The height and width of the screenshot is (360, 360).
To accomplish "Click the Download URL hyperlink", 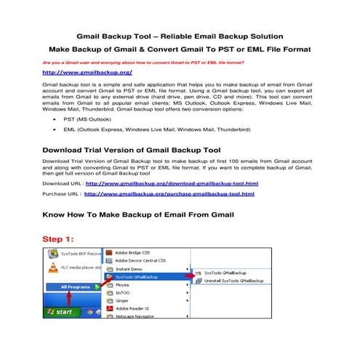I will tap(171, 183).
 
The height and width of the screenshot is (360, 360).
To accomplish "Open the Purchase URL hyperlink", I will tap(171, 194).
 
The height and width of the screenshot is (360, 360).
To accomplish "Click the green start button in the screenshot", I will tap(60, 312).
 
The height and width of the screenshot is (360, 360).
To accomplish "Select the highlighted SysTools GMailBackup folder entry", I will tap(142, 277).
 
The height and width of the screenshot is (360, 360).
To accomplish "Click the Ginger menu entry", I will tap(124, 300).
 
